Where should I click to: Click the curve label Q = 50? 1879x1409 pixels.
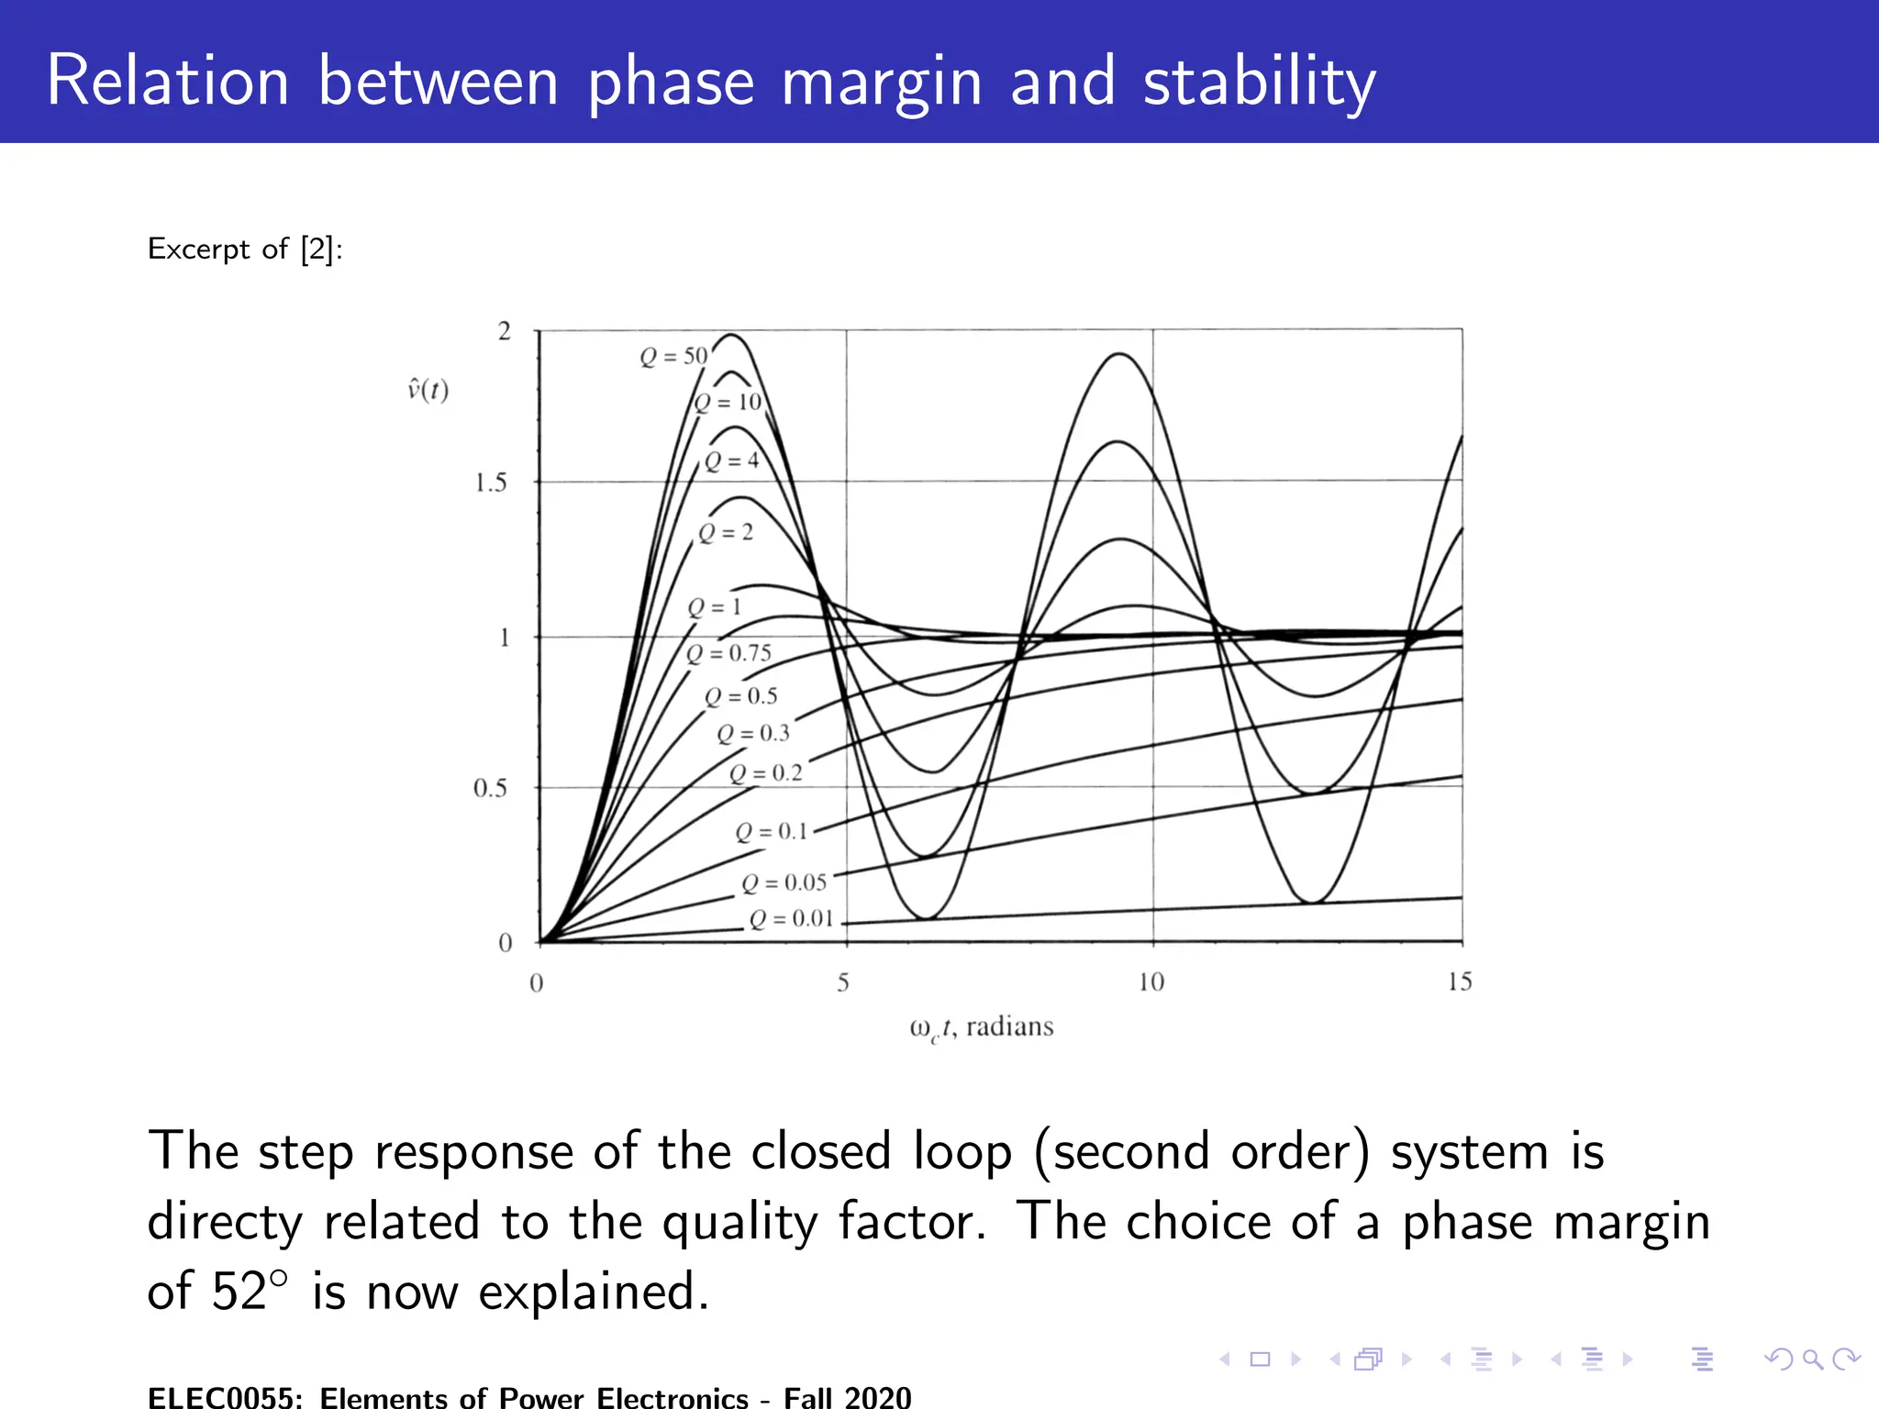[x=673, y=356]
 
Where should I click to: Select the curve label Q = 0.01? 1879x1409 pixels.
[x=791, y=919]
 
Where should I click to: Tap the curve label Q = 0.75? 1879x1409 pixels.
[x=729, y=653]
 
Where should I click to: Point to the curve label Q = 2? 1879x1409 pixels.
[x=726, y=533]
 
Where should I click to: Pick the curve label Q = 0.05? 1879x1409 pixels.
[x=784, y=882]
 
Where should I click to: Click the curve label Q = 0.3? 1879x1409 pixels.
[x=753, y=733]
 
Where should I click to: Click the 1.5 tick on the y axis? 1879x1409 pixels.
[x=491, y=483]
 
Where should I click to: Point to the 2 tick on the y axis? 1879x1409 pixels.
[x=504, y=331]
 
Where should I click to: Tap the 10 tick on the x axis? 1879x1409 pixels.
[x=1151, y=982]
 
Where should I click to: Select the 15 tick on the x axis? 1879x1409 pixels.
[x=1460, y=982]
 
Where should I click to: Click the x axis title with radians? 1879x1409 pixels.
[x=981, y=1026]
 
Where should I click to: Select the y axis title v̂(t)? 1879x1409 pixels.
[x=428, y=391]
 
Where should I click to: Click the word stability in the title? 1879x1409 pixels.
[x=1259, y=83]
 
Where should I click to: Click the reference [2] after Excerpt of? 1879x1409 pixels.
[x=317, y=249]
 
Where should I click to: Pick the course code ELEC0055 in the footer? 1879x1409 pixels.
[x=220, y=1397]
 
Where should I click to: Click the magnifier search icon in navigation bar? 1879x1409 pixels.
[x=1811, y=1359]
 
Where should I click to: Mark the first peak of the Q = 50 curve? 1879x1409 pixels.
[x=731, y=335]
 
